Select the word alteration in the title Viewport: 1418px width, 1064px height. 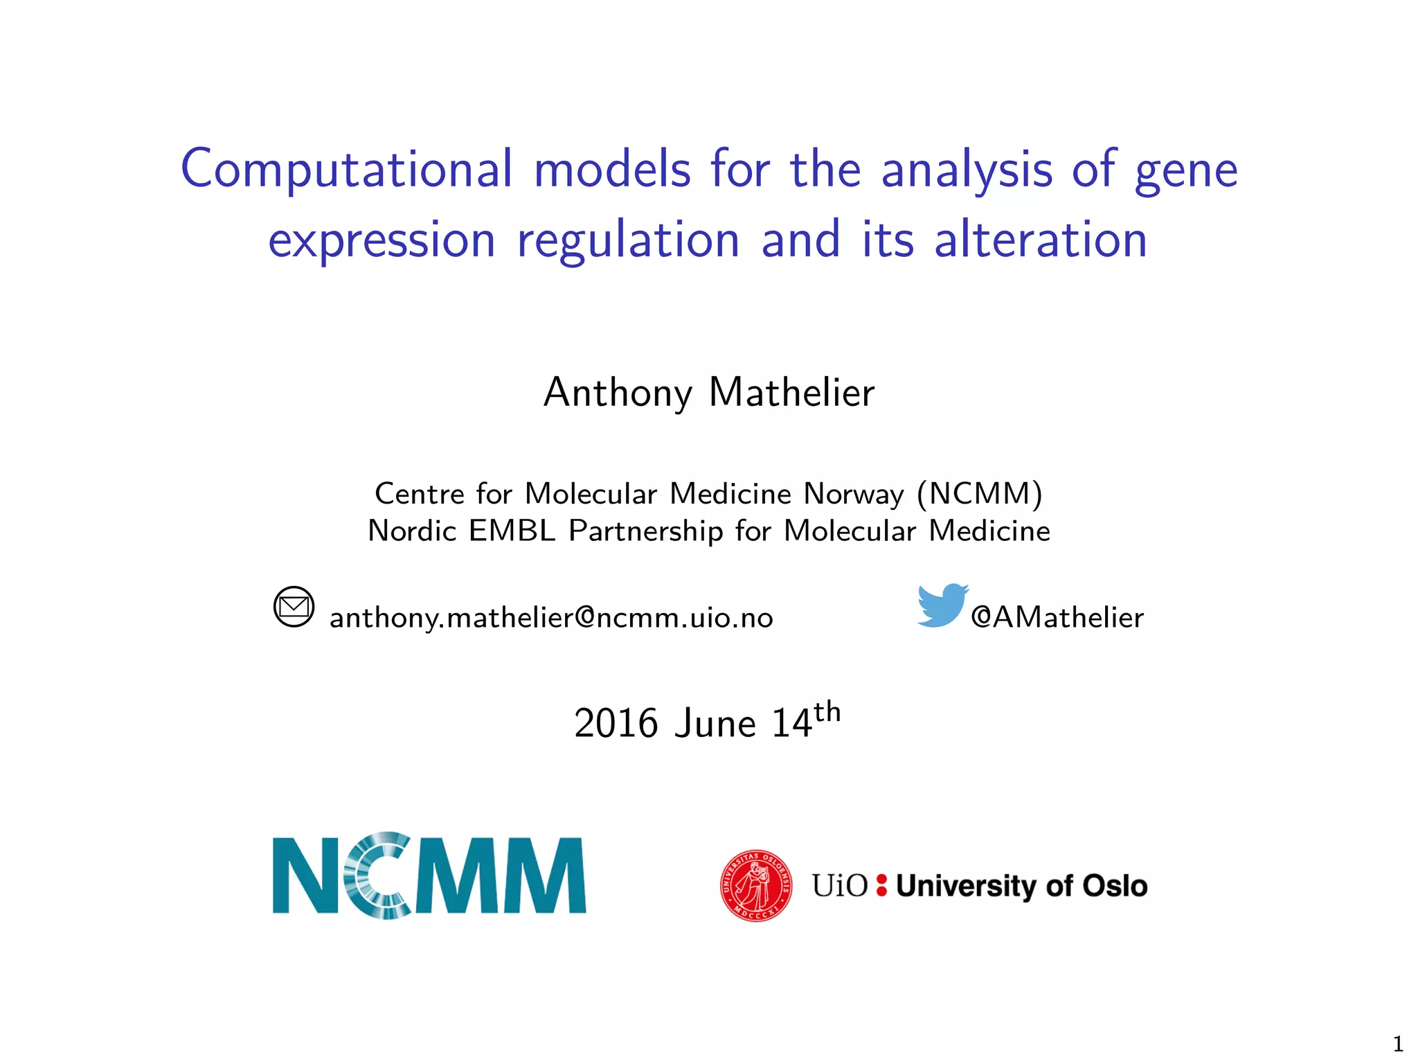pyautogui.click(x=1041, y=240)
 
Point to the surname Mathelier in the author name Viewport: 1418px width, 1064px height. pyautogui.click(x=791, y=393)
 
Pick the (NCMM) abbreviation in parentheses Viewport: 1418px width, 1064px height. pyautogui.click(x=979, y=494)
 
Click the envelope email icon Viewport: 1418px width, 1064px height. pyautogui.click(x=294, y=607)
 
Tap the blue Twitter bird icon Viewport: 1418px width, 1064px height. pyautogui.click(x=942, y=605)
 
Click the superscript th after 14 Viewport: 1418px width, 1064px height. pyautogui.click(x=827, y=712)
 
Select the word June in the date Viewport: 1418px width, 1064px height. pyautogui.click(x=715, y=724)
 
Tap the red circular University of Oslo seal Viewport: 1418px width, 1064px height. pyautogui.click(x=756, y=885)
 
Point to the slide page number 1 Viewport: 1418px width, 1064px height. pyautogui.click(x=1397, y=1043)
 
